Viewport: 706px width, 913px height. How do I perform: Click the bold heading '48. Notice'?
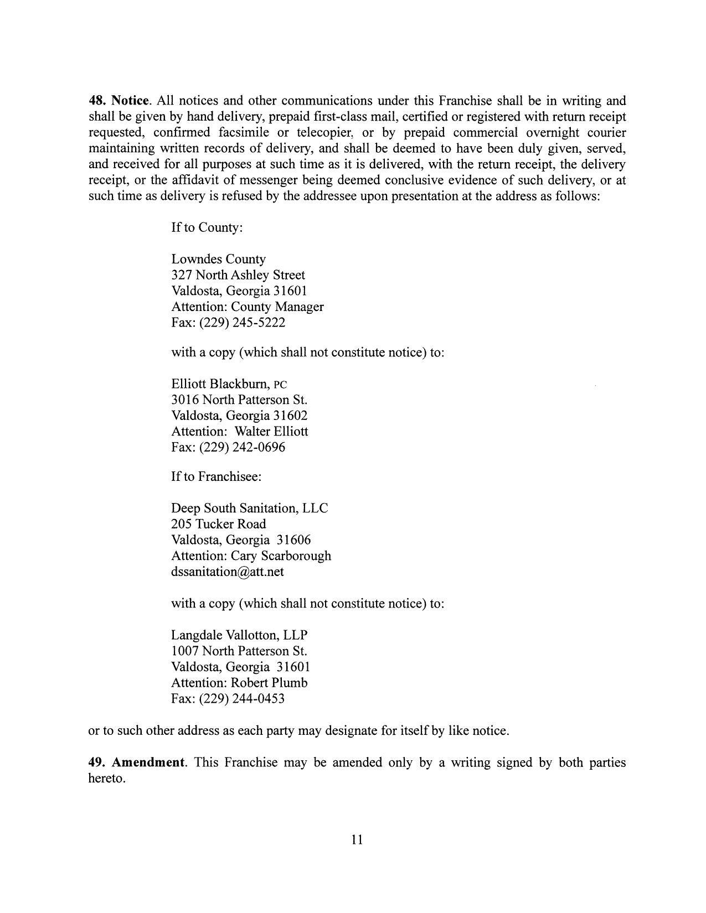coord(119,101)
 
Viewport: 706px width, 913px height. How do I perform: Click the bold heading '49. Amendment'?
coord(136,762)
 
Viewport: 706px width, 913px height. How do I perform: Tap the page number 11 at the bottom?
coord(357,840)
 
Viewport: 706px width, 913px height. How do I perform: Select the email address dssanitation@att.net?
coord(228,572)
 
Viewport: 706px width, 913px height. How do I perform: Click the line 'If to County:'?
coord(207,227)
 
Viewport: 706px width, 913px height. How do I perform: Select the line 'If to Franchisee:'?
coord(216,476)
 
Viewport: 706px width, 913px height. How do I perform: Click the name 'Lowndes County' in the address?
coord(219,259)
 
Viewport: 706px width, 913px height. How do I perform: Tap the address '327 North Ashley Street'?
coord(238,275)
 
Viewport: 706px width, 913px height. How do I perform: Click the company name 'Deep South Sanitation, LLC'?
coord(250,508)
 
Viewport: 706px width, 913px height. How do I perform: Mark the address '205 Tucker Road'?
coord(219,524)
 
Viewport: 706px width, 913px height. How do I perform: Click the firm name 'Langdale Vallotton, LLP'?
coord(239,635)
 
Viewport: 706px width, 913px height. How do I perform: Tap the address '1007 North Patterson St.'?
coord(239,651)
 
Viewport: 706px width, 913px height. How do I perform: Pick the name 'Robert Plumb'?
coord(269,682)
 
